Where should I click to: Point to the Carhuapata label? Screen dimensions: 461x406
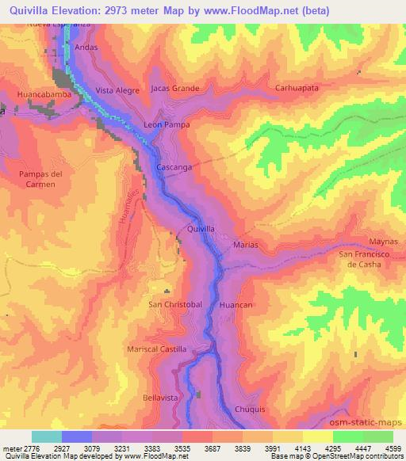coord(297,89)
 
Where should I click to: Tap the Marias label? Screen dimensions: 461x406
coord(246,246)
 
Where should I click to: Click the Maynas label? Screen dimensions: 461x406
coord(384,242)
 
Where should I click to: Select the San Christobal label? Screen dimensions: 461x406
coord(176,304)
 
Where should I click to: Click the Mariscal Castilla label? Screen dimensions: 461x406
coord(157,349)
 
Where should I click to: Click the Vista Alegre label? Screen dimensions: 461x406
coord(117,91)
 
